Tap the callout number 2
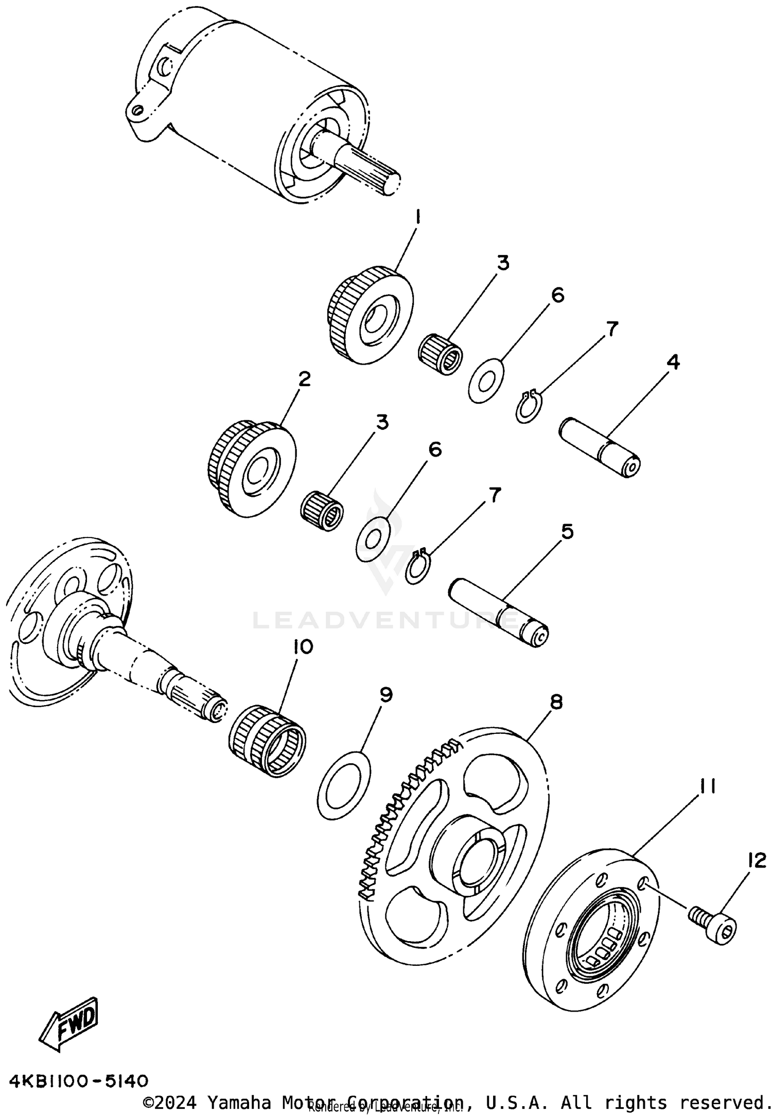point(304,380)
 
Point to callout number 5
point(566,532)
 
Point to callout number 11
point(707,786)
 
